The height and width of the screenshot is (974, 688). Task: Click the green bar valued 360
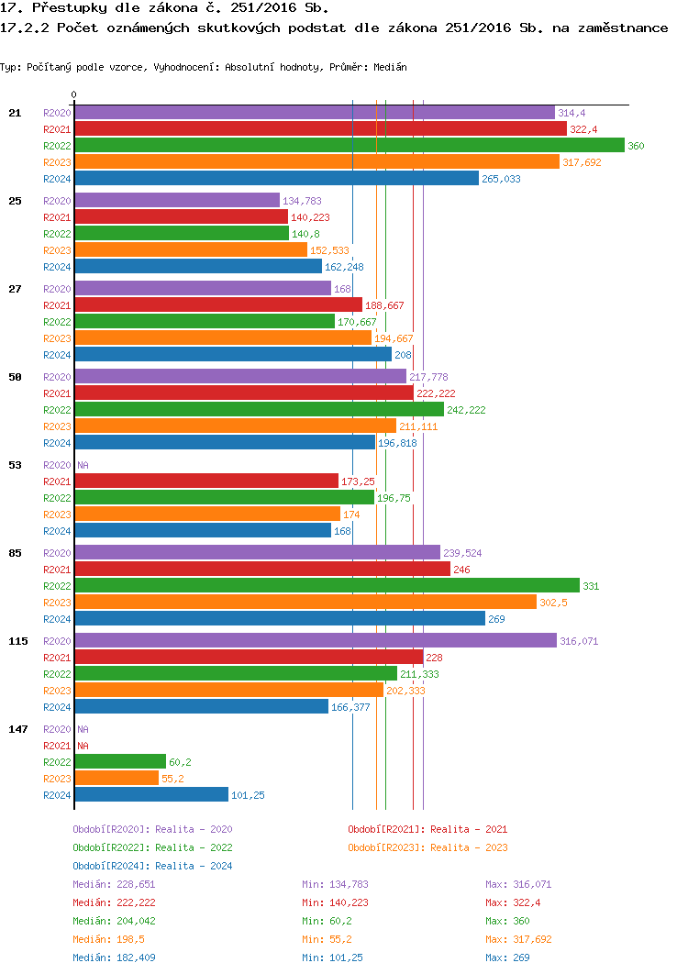coord(349,145)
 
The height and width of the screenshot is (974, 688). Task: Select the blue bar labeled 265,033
coord(276,178)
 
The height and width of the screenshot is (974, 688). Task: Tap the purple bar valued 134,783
coord(176,200)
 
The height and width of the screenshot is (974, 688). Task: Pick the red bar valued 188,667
coord(217,304)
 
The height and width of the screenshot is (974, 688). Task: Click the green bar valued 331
coord(327,585)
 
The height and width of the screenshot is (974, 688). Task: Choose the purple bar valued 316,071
coord(315,640)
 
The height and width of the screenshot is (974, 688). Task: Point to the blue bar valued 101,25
coord(150,794)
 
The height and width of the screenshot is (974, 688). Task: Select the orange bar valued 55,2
coord(116,778)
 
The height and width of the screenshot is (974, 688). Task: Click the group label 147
coord(18,728)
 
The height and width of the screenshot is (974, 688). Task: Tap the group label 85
coord(15,552)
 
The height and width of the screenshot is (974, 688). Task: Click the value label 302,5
coord(556,603)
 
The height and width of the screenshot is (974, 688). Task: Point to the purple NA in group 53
coord(83,465)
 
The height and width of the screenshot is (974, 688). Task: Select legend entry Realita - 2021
coord(427,829)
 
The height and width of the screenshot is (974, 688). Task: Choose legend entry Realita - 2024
coord(152,866)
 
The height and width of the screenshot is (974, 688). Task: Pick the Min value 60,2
coord(325,921)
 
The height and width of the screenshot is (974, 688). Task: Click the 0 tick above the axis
coord(74,94)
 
